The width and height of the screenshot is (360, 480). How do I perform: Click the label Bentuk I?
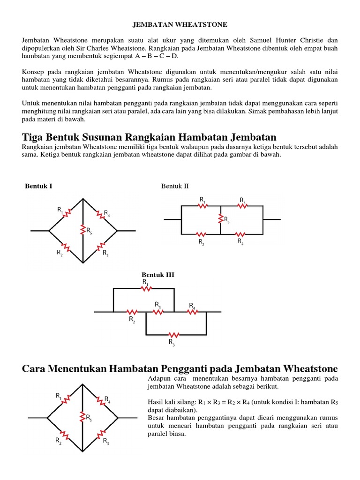tap(38, 186)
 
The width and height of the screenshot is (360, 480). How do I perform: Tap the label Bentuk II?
tap(175, 186)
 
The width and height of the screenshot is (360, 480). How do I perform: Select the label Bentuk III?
tap(158, 275)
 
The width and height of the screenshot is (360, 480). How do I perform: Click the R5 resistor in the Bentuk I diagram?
tap(83, 231)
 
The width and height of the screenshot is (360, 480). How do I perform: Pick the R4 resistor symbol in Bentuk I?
tap(100, 214)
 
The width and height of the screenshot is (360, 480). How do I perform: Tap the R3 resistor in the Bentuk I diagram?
tap(100, 247)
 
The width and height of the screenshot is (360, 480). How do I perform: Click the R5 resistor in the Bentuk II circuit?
tap(220, 218)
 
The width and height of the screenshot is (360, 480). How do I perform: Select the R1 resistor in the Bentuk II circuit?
tap(202, 206)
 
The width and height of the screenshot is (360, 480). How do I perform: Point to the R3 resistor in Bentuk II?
tap(242, 206)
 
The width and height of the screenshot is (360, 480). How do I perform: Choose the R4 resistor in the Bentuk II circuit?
tap(240, 234)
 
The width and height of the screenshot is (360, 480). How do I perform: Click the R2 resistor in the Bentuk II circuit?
tap(201, 234)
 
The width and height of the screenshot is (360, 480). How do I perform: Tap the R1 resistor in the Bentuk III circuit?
tap(147, 289)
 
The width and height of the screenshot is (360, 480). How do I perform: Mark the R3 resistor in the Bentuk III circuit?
tap(174, 335)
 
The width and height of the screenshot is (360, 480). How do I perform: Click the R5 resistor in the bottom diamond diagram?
tap(82, 417)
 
